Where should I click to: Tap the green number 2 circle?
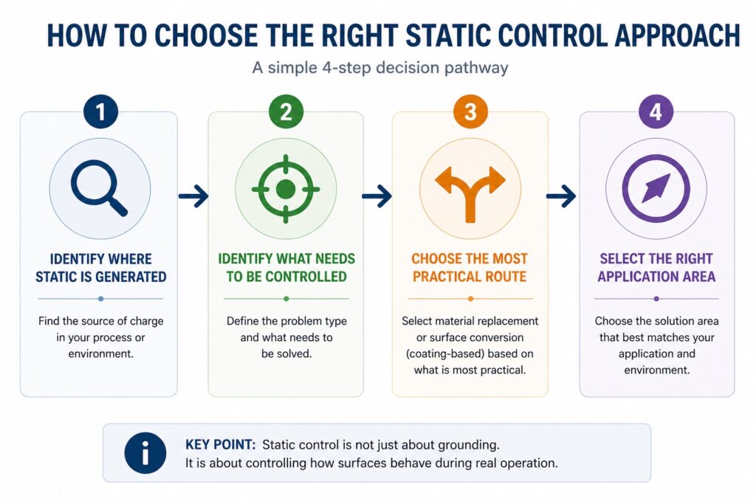[285, 112]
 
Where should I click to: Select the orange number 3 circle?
[470, 112]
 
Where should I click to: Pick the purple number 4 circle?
[656, 112]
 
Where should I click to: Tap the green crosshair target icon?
[285, 189]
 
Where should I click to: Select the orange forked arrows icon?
[470, 190]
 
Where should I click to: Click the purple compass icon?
[656, 189]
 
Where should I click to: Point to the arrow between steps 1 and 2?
[193, 196]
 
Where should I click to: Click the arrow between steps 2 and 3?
[377, 196]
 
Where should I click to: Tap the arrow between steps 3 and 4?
[561, 196]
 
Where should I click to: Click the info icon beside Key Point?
[145, 453]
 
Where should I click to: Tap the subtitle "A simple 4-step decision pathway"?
[379, 69]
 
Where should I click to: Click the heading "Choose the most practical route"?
[470, 268]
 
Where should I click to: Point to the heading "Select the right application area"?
[656, 268]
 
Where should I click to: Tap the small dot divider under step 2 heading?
[286, 299]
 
